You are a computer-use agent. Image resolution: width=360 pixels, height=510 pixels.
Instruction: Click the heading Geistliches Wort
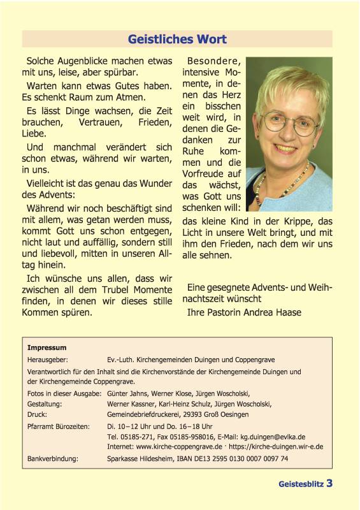177,40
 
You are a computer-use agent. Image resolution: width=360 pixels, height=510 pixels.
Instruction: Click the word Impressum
47,347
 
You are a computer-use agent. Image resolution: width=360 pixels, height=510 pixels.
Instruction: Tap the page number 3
329,483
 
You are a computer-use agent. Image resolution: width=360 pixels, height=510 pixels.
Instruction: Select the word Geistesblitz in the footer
301,484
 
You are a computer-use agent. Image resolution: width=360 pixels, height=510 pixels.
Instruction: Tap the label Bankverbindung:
52,458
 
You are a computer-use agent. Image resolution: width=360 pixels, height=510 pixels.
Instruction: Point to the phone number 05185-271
133,436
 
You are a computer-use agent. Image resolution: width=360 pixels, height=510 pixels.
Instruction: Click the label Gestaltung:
45,404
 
